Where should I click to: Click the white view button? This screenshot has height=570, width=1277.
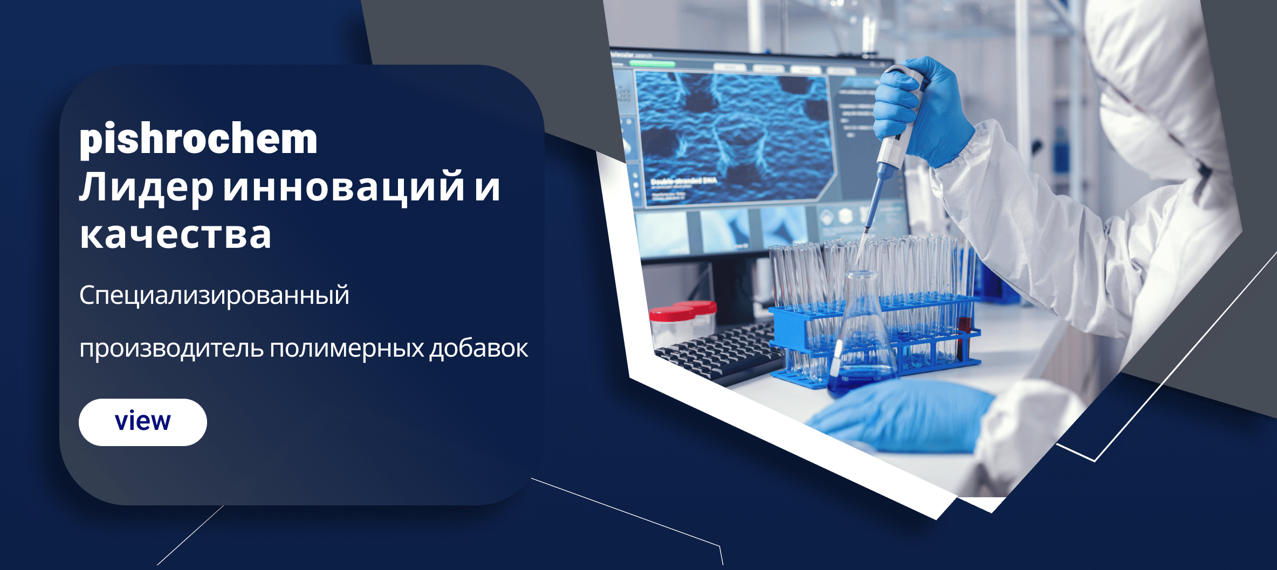coord(143,422)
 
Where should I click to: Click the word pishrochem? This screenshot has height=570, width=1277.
coord(198,139)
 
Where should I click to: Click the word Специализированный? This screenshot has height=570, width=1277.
coord(214,295)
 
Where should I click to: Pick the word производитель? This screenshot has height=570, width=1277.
coord(171,349)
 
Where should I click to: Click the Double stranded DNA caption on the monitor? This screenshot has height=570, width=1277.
coord(684,181)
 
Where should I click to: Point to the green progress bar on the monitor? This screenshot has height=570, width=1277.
coord(653,64)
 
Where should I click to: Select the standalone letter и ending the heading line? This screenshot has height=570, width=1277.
coord(488,188)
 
